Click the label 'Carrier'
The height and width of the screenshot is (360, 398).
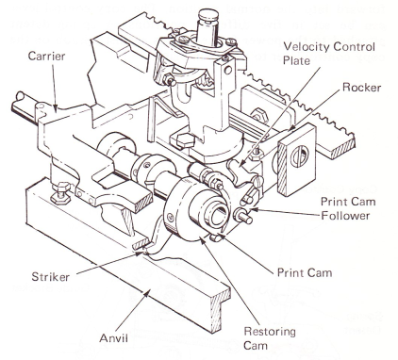point(46,57)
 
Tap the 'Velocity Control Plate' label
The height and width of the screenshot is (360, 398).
point(329,54)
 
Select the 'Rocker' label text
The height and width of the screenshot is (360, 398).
point(361,87)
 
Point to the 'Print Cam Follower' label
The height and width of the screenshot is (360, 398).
point(348,208)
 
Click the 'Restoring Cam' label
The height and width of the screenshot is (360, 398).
point(270,338)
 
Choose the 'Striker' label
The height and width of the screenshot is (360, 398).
point(50,277)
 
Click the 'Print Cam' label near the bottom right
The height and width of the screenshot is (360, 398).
point(305,272)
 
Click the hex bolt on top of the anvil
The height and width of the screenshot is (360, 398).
point(61,191)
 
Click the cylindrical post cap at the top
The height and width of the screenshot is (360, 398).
point(208,14)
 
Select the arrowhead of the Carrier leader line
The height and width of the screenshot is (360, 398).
point(56,109)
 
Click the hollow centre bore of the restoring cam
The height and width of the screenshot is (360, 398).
point(216,216)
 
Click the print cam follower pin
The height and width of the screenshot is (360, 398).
point(242,216)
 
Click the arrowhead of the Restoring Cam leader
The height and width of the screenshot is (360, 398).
point(203,241)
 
